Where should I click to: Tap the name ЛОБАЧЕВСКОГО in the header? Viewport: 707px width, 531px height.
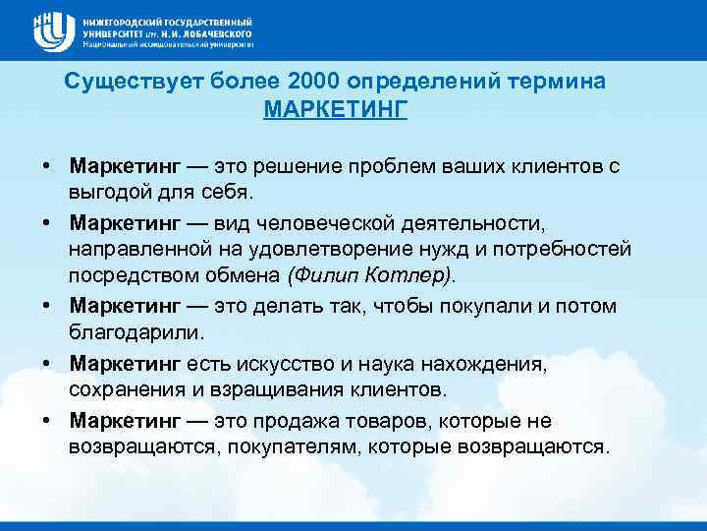click(212, 32)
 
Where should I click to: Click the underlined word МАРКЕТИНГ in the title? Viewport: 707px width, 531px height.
click(335, 108)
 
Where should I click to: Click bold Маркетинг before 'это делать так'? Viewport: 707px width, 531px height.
click(125, 306)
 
